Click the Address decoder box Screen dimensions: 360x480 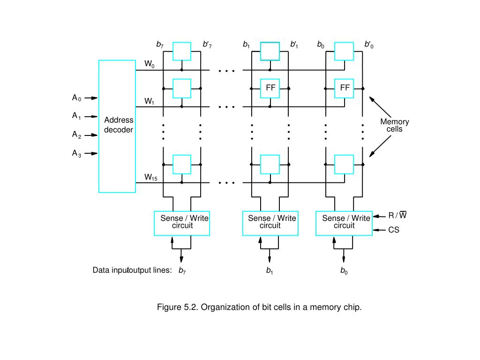pos(117,126)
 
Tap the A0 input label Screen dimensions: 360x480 pos(76,98)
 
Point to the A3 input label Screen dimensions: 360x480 pos(76,153)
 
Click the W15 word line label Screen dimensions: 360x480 pos(150,177)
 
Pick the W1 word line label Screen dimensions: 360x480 pos(149,101)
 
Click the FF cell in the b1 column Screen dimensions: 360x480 pos(270,88)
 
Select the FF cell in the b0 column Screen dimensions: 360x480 pos(345,88)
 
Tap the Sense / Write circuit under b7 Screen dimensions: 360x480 pos(182,223)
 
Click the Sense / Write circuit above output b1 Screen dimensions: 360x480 pos(270,223)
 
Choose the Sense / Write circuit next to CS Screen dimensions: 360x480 pos(344,223)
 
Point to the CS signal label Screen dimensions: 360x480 pos(394,230)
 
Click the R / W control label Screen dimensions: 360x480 pos(397,216)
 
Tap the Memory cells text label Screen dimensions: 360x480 pos(394,125)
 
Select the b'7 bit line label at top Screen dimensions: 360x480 pos(207,45)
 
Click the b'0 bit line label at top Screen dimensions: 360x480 pos(369,45)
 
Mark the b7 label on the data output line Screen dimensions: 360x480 pos(182,270)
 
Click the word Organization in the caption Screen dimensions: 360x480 pos(223,307)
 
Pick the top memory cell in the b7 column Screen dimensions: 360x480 pos(182,51)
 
